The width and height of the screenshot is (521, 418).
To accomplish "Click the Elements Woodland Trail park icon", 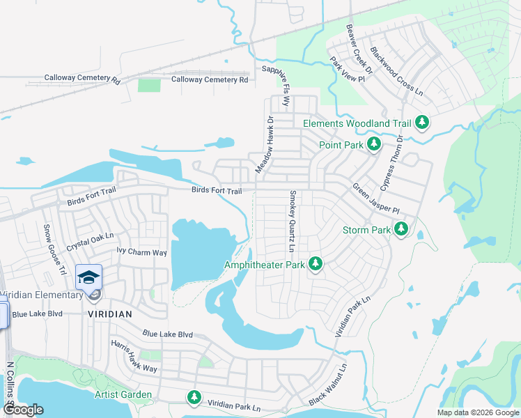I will (421, 123).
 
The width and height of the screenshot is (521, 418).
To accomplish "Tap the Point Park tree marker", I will (374, 144).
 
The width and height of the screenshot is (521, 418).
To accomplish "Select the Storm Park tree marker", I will (401, 229).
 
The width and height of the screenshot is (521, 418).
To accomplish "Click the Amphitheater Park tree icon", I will (316, 263).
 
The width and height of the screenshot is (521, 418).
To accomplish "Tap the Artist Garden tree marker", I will (194, 397).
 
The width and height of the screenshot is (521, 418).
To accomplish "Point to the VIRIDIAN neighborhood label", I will (110, 314).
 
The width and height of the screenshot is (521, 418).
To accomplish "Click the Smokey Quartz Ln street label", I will (293, 222).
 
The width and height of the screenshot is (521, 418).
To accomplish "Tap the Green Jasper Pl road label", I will (375, 199).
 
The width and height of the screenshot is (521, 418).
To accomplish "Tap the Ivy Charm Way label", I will (142, 251).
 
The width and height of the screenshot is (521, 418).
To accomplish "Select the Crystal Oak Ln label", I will (89, 242).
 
